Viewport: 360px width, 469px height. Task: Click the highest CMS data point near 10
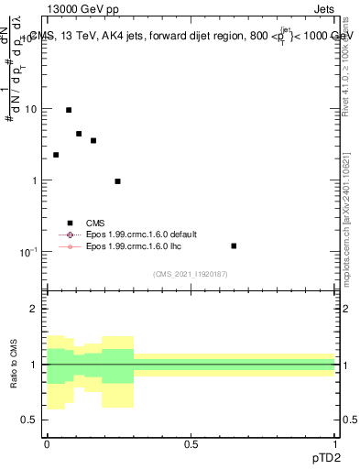[69, 110]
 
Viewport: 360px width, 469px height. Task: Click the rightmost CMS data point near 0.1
[234, 245]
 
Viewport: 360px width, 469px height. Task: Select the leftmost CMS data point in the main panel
[56, 155]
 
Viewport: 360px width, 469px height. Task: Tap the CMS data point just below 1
[118, 181]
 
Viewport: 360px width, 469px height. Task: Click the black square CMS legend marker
[69, 223]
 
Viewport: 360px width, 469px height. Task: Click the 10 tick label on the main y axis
[31, 109]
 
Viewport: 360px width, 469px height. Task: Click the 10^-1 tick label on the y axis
[30, 251]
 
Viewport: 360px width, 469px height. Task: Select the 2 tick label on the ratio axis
[34, 309]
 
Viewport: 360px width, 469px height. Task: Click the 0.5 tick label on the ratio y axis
[29, 420]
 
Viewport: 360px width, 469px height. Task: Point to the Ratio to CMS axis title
[14, 364]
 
